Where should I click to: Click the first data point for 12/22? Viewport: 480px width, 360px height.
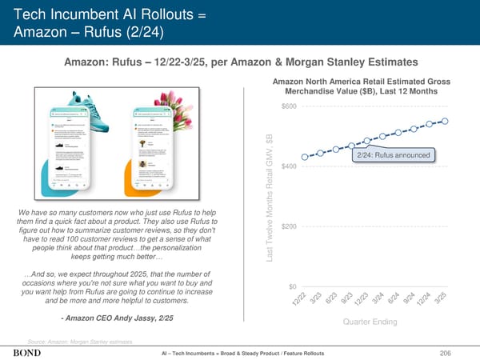coord(305,157)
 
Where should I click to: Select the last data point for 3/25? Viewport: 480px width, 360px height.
coord(446,121)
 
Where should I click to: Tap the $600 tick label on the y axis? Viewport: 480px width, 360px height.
coord(289,107)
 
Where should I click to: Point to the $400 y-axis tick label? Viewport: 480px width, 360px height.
coord(289,166)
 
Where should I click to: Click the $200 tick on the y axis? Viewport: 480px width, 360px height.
coord(289,226)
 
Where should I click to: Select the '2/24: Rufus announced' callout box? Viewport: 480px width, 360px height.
coord(394,155)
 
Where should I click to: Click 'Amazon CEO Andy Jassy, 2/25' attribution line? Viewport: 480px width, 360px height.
coord(116,318)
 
